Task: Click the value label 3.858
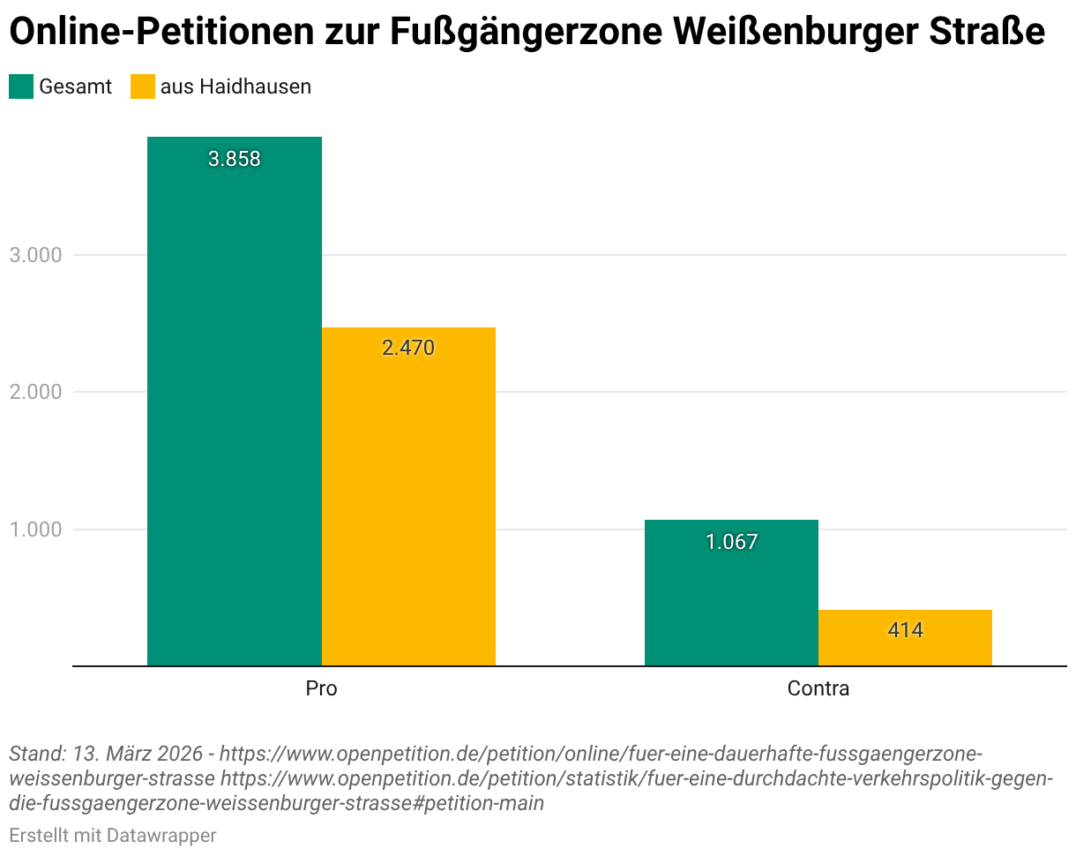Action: tap(234, 160)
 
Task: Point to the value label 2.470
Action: tap(408, 348)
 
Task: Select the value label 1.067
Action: tap(731, 542)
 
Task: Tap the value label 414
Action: tap(905, 630)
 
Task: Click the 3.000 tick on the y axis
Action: tap(35, 255)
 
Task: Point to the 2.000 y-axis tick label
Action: tap(35, 392)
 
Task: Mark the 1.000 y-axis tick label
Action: tap(35, 529)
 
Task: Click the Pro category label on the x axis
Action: tap(321, 688)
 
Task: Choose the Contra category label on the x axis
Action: tap(818, 688)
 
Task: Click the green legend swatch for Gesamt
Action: tap(21, 86)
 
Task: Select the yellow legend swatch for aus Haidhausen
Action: tap(142, 86)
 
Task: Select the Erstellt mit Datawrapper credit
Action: tap(112, 835)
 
